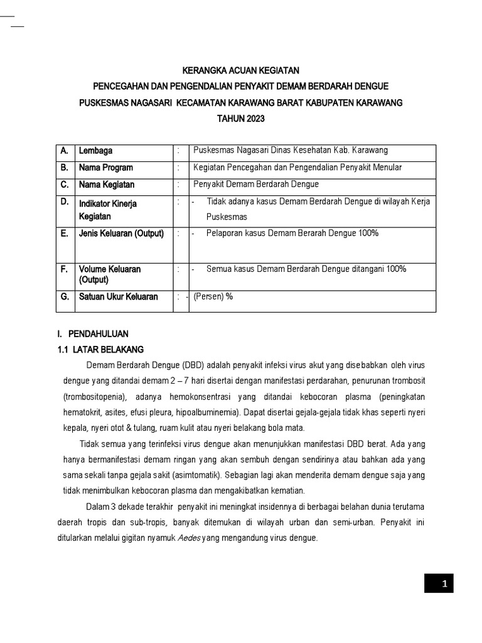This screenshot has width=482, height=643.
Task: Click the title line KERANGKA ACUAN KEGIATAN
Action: (x=242, y=71)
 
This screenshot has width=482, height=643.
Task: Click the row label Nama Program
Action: (x=105, y=168)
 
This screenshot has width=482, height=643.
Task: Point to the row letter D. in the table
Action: (x=65, y=203)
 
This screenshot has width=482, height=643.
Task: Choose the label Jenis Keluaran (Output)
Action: (x=120, y=234)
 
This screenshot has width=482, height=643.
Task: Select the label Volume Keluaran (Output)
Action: (x=109, y=274)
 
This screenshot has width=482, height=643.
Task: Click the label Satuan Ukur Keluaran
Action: (x=118, y=297)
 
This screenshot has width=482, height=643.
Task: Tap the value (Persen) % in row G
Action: (x=213, y=297)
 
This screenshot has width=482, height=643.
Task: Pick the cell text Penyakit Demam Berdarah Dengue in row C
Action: (x=256, y=185)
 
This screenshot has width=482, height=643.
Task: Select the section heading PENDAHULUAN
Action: (x=98, y=334)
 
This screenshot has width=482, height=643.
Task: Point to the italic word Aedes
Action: (x=191, y=538)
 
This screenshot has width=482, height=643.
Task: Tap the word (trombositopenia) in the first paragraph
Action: (x=95, y=397)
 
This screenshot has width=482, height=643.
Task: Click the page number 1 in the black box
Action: (x=444, y=585)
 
